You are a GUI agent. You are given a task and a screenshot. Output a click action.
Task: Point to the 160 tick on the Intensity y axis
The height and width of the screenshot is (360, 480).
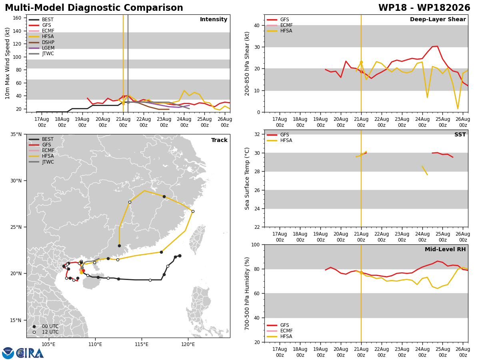click(x=17, y=18)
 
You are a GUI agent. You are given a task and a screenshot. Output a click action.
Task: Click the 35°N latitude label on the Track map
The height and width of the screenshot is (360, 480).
click(x=16, y=134)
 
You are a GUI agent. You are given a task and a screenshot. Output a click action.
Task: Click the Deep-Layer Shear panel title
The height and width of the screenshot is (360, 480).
click(x=438, y=20)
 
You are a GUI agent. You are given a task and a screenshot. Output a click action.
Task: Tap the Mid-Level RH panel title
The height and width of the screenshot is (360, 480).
click(x=445, y=249)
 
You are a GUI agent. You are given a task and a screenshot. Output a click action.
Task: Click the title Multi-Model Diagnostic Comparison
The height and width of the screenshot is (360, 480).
click(x=94, y=8)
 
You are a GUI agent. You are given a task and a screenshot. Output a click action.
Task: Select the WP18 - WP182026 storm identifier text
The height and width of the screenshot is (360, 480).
click(x=424, y=8)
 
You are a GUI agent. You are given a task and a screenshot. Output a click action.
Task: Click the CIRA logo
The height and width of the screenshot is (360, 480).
click(x=23, y=353)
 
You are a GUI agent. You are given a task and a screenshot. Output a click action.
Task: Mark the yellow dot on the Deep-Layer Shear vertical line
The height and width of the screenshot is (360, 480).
click(x=361, y=62)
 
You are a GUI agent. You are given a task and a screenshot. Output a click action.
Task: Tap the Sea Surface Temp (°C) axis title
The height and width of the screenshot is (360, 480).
click(x=247, y=178)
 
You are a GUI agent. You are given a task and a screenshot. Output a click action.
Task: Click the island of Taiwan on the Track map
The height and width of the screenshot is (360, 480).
click(x=197, y=239)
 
